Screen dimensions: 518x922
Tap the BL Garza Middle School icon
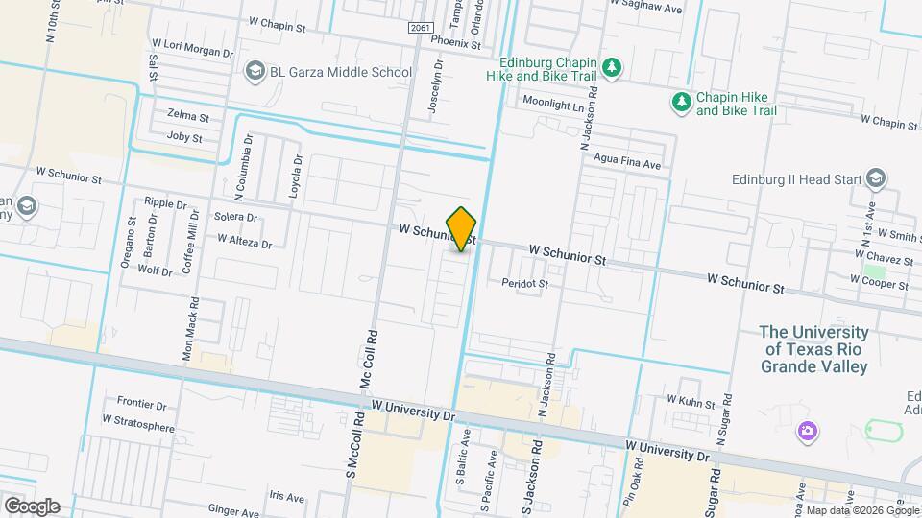(255, 71)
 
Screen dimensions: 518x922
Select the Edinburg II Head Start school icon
(875, 177)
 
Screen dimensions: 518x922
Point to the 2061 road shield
(420, 28)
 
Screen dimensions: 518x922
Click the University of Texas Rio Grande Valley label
(814, 349)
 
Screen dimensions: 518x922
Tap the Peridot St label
(524, 284)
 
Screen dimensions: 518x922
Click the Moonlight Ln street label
(553, 101)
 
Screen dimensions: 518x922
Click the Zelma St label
(187, 115)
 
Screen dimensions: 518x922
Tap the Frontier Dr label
(141, 404)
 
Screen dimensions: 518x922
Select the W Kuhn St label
(691, 404)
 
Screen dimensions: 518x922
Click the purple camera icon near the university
(808, 432)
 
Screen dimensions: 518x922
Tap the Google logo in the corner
(31, 506)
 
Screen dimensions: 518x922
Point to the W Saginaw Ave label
(645, 8)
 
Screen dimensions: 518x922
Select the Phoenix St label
(455, 43)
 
